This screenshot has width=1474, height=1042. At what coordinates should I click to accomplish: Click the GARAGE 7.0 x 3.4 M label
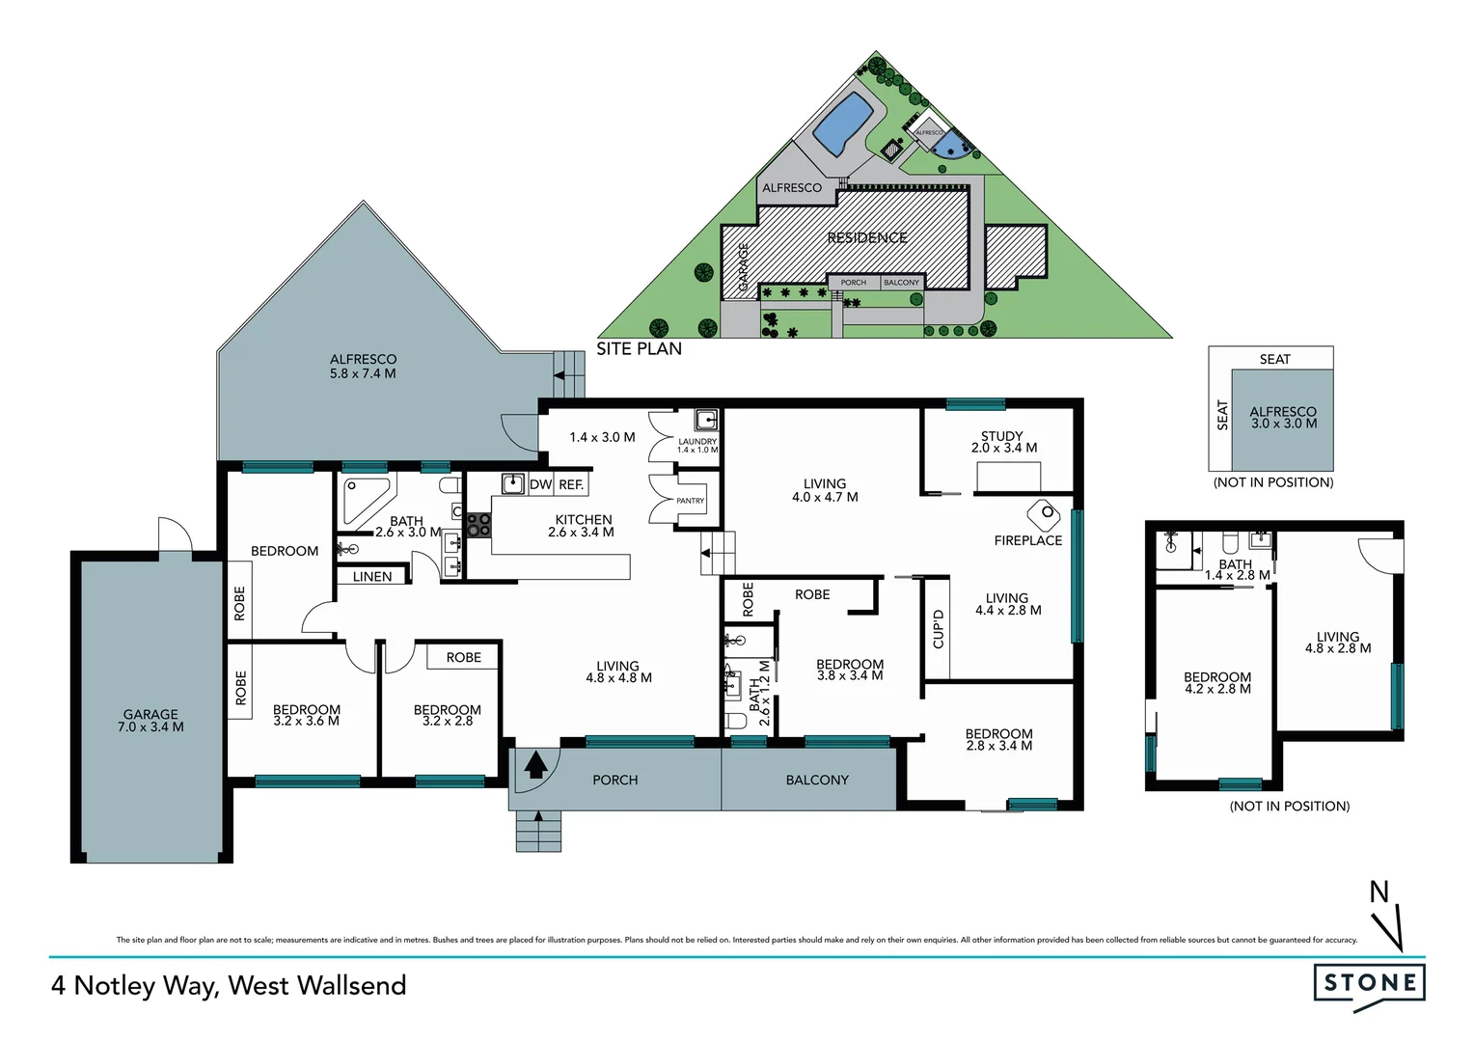[150, 721]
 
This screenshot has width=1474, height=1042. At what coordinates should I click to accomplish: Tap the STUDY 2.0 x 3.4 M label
[1003, 442]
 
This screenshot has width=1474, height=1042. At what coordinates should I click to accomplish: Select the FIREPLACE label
[1027, 540]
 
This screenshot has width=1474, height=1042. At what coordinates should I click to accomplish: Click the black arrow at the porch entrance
[536, 765]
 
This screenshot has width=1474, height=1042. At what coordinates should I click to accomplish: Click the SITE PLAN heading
[639, 349]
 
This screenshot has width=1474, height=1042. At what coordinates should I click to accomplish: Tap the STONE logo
[1369, 983]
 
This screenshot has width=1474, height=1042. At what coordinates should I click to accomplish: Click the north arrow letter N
[1379, 892]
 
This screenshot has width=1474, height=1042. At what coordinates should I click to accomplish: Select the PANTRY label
[690, 501]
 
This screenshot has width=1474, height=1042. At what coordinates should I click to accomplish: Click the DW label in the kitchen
[540, 484]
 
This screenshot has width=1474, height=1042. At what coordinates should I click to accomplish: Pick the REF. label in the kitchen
[571, 484]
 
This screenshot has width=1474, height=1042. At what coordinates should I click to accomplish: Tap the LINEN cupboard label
[372, 577]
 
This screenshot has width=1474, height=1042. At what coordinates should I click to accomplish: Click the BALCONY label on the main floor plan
[817, 780]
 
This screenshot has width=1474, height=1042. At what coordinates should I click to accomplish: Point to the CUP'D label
[939, 629]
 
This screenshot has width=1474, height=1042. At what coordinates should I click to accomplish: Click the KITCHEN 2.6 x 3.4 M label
[582, 526]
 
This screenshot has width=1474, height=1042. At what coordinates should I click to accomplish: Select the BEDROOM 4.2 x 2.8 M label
[1216, 683]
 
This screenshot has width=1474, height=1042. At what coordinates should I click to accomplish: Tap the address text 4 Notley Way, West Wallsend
[229, 985]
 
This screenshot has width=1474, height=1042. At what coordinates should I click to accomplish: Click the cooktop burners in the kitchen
[478, 525]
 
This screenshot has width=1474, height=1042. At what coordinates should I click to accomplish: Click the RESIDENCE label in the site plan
[866, 237]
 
